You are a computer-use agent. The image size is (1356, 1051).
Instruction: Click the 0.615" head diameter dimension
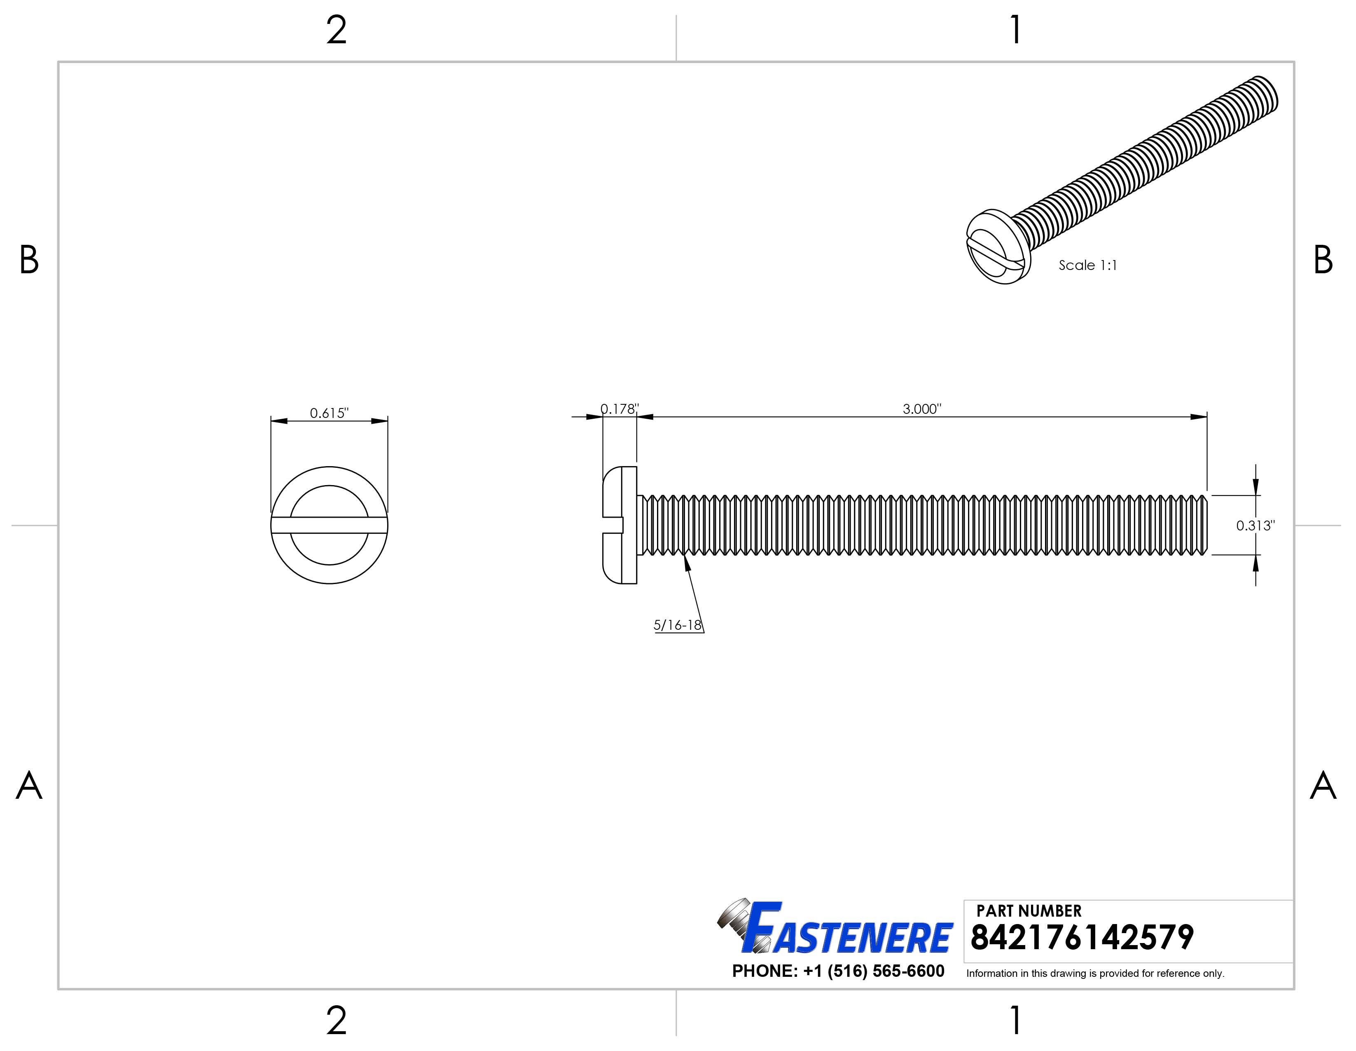click(x=329, y=413)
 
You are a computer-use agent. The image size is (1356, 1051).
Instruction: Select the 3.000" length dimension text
click(x=922, y=409)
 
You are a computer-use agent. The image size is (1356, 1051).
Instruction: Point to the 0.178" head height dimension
click(x=619, y=409)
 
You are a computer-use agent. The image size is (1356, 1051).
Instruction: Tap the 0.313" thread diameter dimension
click(x=1255, y=525)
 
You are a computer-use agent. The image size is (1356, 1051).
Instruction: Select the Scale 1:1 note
click(x=1088, y=265)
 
